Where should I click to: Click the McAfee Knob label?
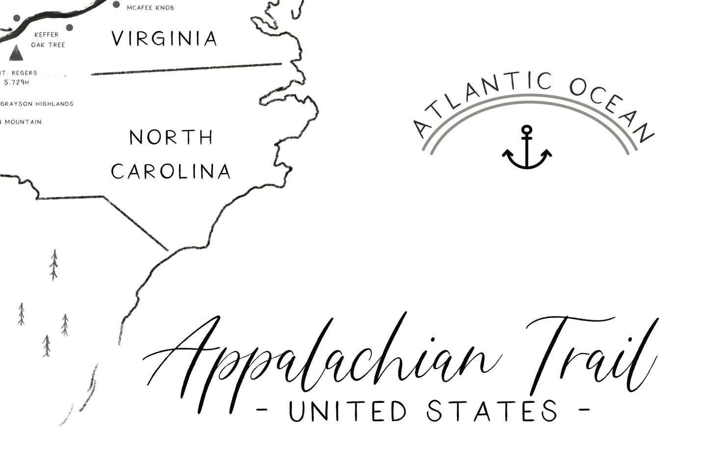[x=150, y=8]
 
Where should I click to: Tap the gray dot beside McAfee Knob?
[x=116, y=4]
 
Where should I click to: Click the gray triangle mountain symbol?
[x=16, y=53]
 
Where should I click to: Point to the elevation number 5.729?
[x=16, y=82]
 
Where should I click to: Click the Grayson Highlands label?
[x=37, y=104]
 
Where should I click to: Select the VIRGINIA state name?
[x=164, y=39]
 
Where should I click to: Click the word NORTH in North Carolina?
[x=171, y=137]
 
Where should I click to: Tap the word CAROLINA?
[x=171, y=172]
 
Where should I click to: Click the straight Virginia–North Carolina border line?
[x=186, y=69]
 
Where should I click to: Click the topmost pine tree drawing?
[x=54, y=264]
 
